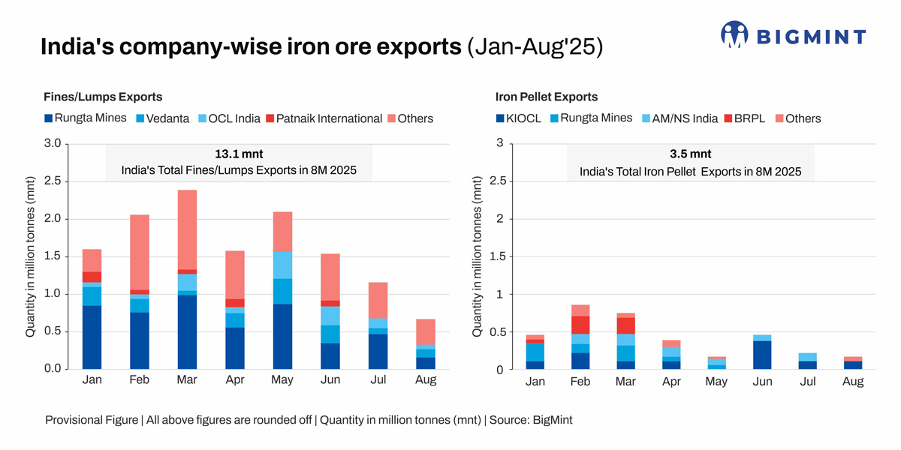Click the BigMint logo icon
point(734,35)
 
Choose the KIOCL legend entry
point(522,118)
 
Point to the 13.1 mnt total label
point(239,154)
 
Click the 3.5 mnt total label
point(690,154)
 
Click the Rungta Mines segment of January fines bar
point(92,337)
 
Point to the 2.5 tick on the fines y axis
point(52,181)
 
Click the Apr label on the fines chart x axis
point(236,380)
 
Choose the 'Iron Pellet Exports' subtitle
point(546,97)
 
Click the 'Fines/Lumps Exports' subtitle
point(104,97)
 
